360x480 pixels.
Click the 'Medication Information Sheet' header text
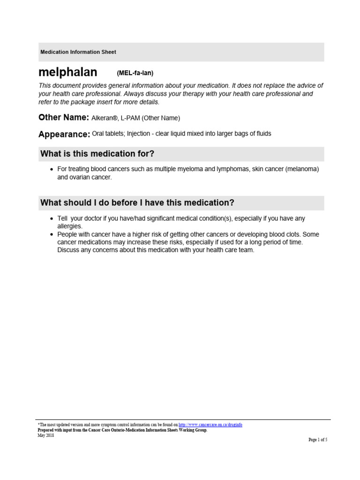78,52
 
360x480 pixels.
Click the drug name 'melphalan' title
68,72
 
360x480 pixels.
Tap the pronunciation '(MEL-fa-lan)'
135,73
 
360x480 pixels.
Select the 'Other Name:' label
63,117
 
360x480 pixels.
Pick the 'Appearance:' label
64,135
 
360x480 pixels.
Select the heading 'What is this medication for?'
97,154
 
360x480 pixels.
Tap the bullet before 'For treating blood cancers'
52,169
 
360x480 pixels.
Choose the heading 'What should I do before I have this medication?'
137,202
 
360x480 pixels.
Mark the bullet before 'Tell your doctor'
52,219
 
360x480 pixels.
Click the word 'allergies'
69,226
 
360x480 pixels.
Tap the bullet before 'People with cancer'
52,234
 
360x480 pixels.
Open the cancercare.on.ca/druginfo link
210,425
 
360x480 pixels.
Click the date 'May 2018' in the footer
45,435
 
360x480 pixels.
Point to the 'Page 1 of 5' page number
317,440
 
